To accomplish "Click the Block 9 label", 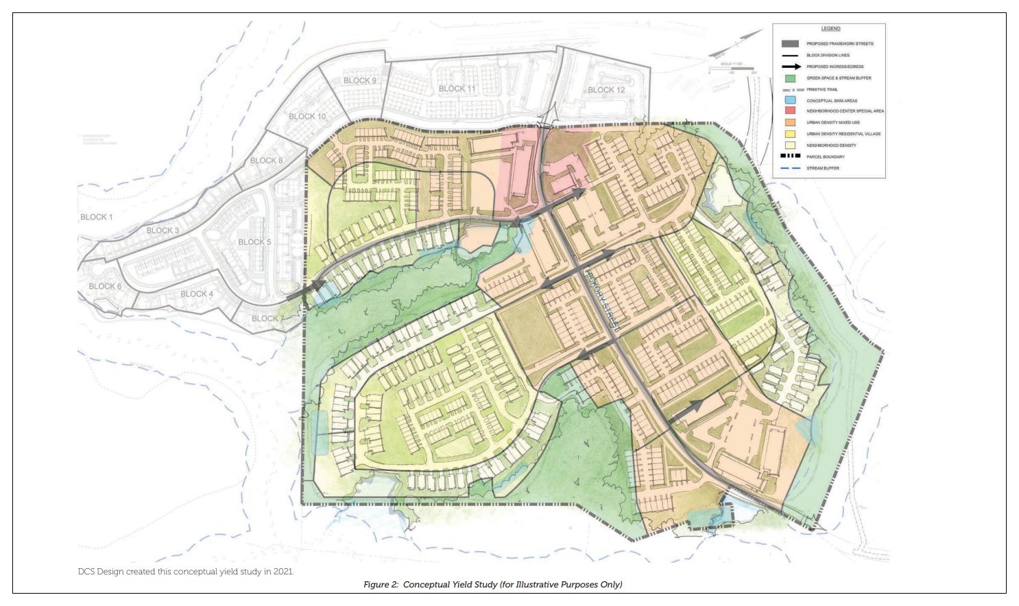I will tap(360, 81).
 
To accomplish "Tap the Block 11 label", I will tap(457, 89).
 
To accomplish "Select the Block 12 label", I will tap(606, 90).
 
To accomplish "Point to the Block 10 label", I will tap(307, 117).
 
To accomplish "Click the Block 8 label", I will tap(266, 161).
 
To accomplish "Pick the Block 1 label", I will tap(97, 217).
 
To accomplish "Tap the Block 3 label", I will tap(163, 231).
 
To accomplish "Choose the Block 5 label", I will tap(254, 242).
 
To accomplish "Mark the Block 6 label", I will tap(105, 286).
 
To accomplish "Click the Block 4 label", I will tap(197, 294).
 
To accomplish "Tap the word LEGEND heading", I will tap(830, 29).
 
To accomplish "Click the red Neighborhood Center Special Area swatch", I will tap(790, 111).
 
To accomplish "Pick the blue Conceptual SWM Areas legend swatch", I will tap(790, 100).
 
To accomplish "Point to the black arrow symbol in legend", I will tap(790, 67).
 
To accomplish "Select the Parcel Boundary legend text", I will tap(825, 157).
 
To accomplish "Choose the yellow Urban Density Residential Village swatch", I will tap(790, 134).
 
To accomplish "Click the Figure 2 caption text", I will tap(492, 585).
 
